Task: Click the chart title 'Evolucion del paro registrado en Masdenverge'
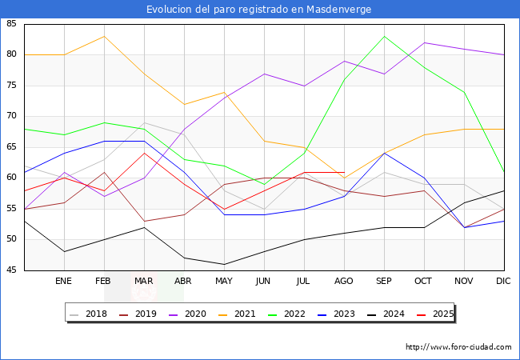(259, 9)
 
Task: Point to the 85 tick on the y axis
(12, 24)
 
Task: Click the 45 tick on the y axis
(12, 270)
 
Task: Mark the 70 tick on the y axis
(12, 117)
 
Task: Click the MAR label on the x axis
(144, 282)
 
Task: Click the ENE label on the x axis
(64, 282)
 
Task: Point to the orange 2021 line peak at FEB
(104, 36)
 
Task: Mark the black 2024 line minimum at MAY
(224, 264)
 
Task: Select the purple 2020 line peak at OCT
(424, 42)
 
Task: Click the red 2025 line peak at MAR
(144, 153)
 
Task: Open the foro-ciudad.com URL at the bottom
(458, 347)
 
